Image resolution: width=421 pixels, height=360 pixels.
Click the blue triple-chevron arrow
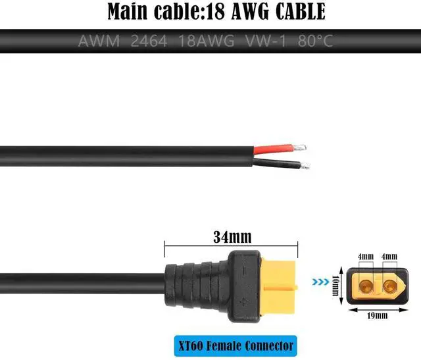[321, 284]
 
